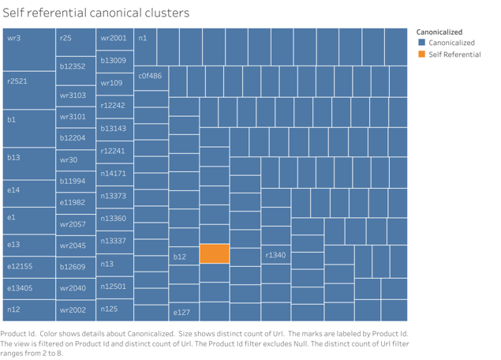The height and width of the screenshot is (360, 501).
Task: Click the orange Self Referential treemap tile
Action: coord(215,253)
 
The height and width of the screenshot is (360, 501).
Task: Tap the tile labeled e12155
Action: coord(28,266)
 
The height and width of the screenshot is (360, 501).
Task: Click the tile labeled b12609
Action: coord(76,267)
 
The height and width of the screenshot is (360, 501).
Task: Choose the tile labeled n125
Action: coord(114,309)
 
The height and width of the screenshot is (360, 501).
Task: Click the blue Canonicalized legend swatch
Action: coord(422,43)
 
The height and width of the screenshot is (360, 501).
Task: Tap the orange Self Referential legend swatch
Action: coord(422,54)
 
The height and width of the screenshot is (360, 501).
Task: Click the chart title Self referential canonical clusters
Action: coord(96,13)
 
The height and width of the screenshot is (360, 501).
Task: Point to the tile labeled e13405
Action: coord(28,288)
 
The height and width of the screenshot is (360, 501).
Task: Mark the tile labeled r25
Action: coord(76,43)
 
